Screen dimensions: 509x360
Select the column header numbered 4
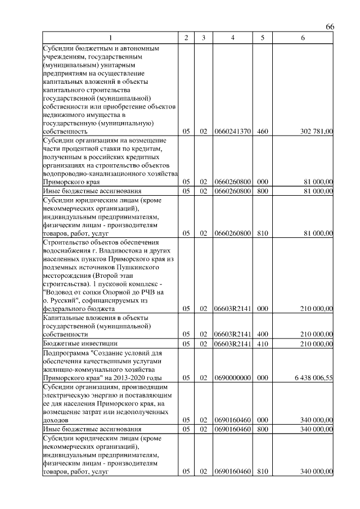tap(233, 38)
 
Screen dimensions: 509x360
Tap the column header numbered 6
tap(303, 38)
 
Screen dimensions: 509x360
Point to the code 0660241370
tap(233, 132)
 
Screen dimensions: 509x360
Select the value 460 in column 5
tap(262, 132)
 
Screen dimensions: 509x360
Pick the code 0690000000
tap(233, 379)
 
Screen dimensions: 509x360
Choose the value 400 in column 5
tap(262, 334)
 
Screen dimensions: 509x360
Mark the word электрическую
tap(67, 395)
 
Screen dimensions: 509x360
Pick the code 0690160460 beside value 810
tap(233, 472)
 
